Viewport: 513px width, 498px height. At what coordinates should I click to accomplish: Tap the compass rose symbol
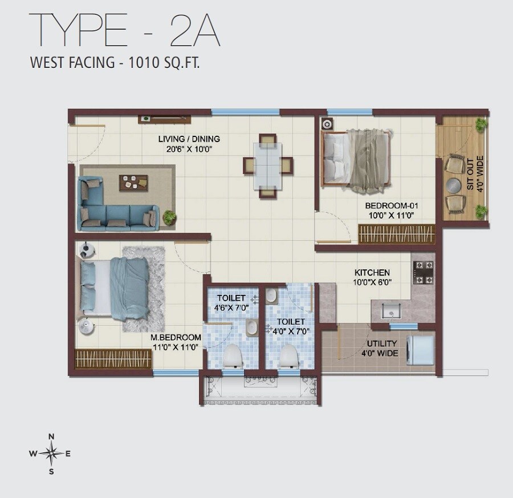click(x=51, y=454)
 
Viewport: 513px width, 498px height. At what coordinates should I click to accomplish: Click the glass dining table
click(x=268, y=165)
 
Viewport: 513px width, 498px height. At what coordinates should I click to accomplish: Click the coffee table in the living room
click(x=133, y=183)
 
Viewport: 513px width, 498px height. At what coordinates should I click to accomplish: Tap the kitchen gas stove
click(x=423, y=273)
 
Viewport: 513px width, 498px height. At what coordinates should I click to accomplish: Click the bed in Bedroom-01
click(x=356, y=159)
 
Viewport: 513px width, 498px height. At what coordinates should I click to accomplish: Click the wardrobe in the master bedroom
click(x=113, y=359)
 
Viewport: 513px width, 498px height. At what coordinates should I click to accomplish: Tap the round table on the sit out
click(x=454, y=185)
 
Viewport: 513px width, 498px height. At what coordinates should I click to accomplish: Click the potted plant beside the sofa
click(x=169, y=217)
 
